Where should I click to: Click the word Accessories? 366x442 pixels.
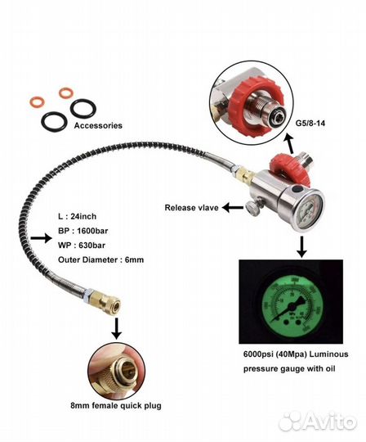click(x=98, y=125)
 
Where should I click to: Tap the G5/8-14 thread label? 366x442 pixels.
click(x=310, y=123)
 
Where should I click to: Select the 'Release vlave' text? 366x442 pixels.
click(x=192, y=208)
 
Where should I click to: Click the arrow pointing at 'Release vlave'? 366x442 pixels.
click(x=233, y=208)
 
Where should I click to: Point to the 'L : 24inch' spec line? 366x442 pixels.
click(x=77, y=216)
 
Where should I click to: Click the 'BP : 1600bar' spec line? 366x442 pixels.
click(x=83, y=231)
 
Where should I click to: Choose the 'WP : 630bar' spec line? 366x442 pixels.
click(x=82, y=246)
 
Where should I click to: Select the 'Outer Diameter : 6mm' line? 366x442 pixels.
click(x=100, y=259)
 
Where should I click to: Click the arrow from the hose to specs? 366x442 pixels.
click(x=41, y=238)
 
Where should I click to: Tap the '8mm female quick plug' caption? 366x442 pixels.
click(x=116, y=406)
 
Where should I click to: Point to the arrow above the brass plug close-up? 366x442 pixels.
click(x=117, y=328)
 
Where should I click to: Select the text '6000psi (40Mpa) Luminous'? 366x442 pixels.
click(x=296, y=354)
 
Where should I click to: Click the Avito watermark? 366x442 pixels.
click(x=318, y=422)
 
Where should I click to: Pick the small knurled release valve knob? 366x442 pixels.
click(x=252, y=208)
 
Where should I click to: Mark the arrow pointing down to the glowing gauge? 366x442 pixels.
click(x=301, y=247)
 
